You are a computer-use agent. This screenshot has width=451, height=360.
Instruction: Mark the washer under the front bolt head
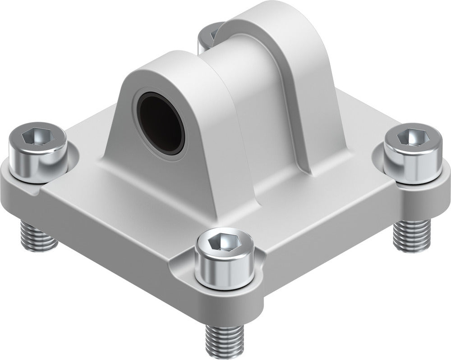(224, 285)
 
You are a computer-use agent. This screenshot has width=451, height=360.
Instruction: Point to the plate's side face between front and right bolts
(334, 252)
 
